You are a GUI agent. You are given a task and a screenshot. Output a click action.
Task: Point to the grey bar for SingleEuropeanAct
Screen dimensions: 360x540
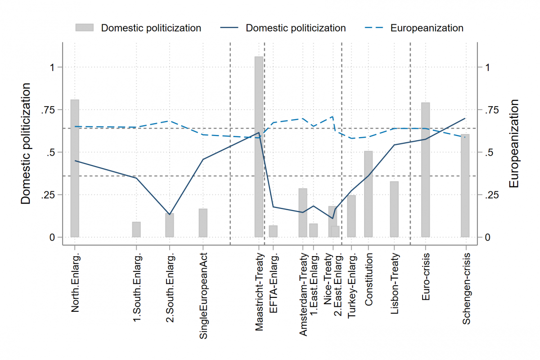pyautogui.click(x=203, y=223)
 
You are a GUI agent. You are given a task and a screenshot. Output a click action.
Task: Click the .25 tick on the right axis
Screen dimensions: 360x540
pyautogui.click(x=491, y=195)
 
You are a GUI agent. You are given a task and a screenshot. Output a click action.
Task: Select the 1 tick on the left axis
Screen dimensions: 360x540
pyautogui.click(x=52, y=67)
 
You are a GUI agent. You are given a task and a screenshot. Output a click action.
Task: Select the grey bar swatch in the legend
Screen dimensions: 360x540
pyautogui.click(x=85, y=28)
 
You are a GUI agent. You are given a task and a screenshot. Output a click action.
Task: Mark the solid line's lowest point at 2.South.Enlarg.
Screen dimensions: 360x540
pyautogui.click(x=170, y=214)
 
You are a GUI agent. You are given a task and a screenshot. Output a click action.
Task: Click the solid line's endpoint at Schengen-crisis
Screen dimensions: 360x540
pyautogui.click(x=465, y=118)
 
